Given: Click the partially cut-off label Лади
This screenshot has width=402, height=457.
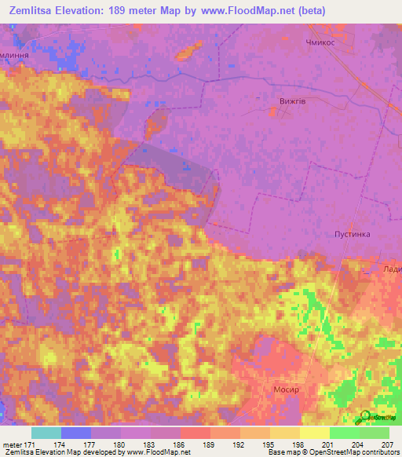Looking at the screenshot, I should click(391, 269).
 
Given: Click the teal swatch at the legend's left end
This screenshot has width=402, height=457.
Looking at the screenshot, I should click(46, 433).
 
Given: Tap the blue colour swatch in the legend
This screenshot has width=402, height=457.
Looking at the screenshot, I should click(76, 433).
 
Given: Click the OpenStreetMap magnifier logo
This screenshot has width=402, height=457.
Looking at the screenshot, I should click(365, 416).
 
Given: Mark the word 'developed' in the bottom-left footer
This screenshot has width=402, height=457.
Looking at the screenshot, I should click(102, 452).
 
